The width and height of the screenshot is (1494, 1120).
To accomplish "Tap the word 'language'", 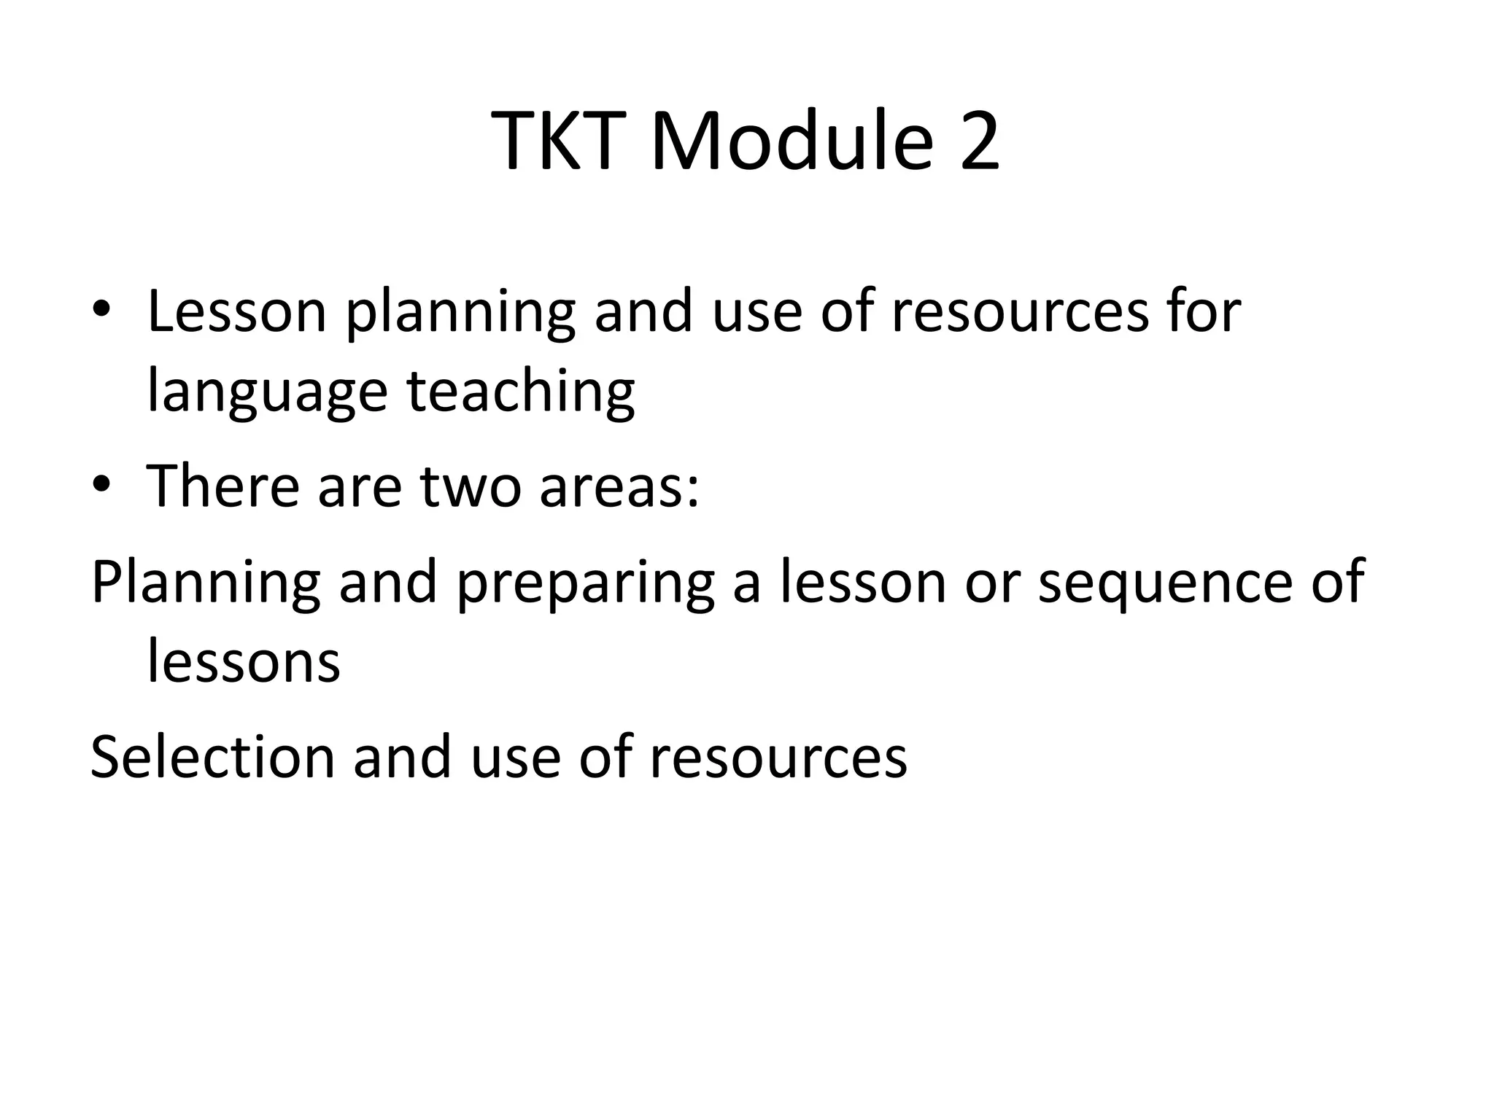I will (x=267, y=392).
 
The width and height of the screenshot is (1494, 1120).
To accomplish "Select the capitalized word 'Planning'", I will (x=205, y=583).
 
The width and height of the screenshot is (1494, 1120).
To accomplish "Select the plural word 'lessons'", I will (x=244, y=662).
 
